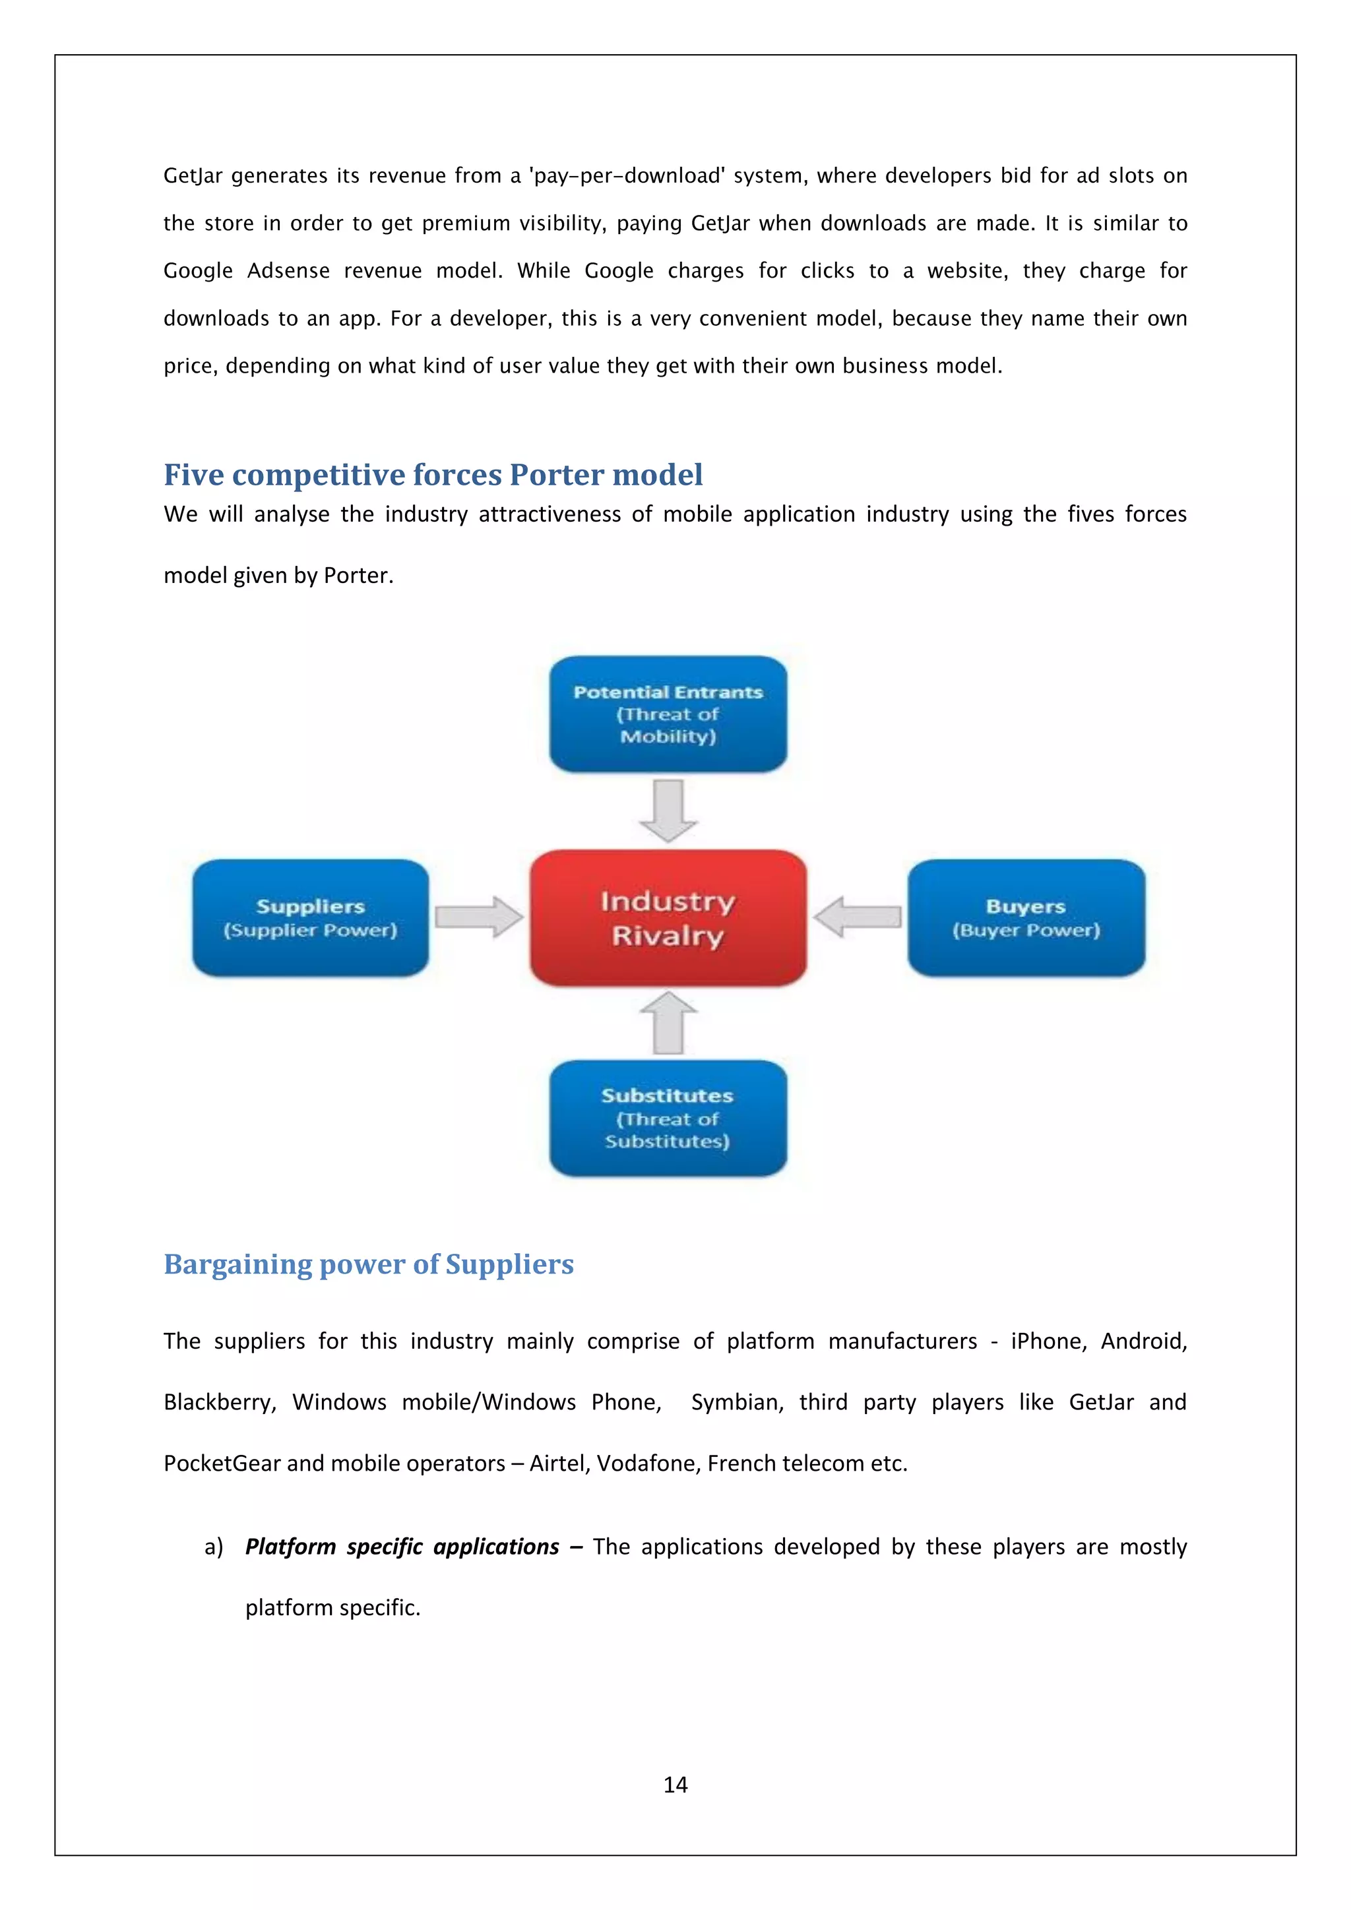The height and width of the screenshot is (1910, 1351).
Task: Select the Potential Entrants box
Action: pos(668,714)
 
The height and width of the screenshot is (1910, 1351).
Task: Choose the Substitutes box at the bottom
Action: pos(668,1117)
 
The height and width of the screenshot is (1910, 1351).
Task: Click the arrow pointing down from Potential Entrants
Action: pos(668,809)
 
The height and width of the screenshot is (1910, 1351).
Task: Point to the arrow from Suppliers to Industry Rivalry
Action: pos(479,917)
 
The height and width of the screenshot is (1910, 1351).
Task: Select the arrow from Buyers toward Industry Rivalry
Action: pos(857,917)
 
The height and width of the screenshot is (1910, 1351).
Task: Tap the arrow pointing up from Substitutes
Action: pos(668,1023)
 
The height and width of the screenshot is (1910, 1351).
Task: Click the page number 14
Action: pos(675,1785)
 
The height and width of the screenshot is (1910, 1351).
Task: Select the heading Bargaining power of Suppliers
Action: pos(369,1264)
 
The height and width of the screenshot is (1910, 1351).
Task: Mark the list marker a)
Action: pos(214,1547)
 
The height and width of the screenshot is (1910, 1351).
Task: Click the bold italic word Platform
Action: pos(290,1547)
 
